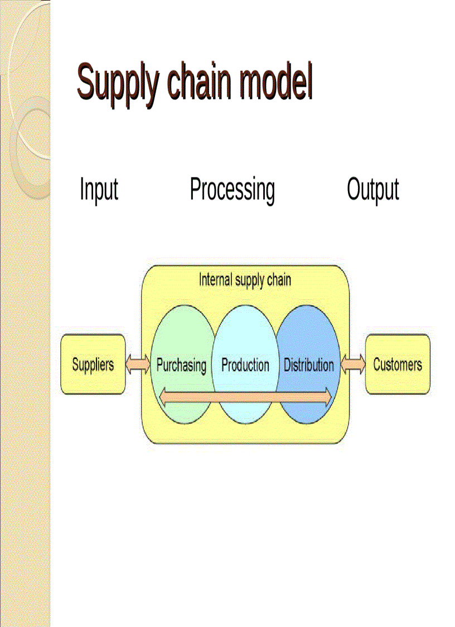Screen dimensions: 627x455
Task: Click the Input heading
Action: pos(99,190)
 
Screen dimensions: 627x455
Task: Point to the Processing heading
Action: pos(232,190)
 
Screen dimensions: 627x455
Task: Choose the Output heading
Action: pos(372,190)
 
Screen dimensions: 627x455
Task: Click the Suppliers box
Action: pos(93,365)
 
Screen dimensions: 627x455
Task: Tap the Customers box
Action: pos(398,365)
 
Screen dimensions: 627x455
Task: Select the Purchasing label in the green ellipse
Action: pos(181,366)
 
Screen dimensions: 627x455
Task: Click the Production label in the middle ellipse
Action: pos(245,366)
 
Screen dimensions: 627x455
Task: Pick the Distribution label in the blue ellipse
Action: pos(309,366)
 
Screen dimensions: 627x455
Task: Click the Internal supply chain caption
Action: pos(245,280)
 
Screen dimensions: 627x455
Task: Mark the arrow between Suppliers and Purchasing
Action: pos(138,365)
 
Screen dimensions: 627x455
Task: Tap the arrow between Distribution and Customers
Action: pos(352,365)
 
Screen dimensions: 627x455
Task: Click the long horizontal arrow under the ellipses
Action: pos(245,396)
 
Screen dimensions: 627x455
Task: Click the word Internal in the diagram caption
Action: pos(215,280)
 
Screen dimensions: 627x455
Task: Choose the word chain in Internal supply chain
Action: pos(279,280)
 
